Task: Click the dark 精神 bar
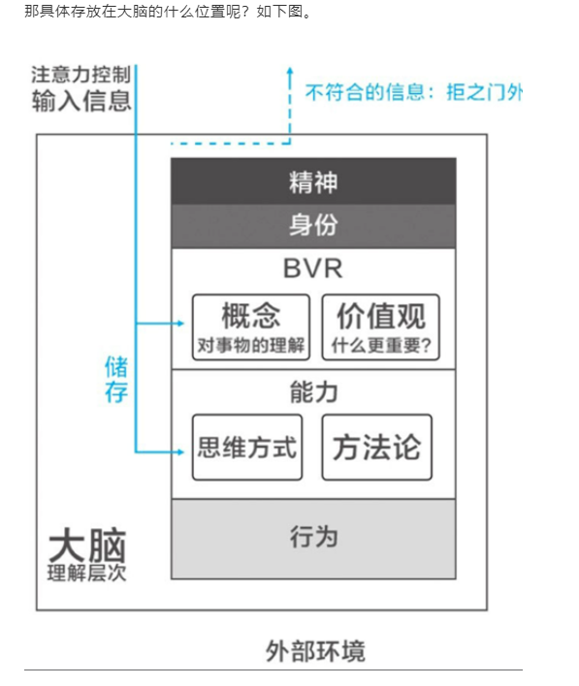click(313, 181)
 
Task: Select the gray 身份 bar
click(313, 226)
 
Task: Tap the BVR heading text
click(312, 268)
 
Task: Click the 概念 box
click(251, 327)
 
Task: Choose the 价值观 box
click(380, 327)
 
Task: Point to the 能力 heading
click(313, 391)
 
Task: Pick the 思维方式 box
click(247, 447)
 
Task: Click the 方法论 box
click(376, 447)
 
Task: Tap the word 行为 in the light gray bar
click(313, 537)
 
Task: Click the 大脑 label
click(87, 546)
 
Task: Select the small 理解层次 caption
click(86, 573)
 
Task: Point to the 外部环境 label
click(315, 651)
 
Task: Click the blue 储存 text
click(116, 379)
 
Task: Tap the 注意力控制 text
click(81, 75)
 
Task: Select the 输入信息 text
click(81, 101)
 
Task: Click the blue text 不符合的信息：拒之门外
click(414, 92)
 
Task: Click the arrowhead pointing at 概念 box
click(179, 324)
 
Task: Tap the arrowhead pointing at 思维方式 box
click(179, 452)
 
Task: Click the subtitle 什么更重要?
click(381, 345)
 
